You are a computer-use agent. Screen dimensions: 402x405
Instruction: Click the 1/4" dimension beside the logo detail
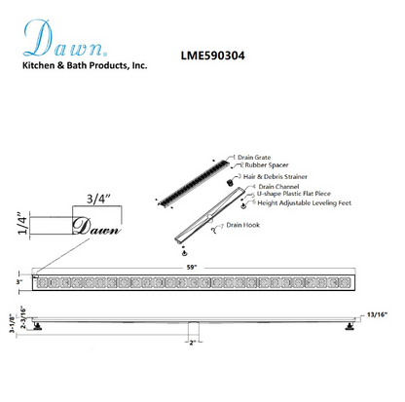pyautogui.click(x=20, y=226)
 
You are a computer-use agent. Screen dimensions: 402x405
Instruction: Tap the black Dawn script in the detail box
pyautogui.click(x=96, y=228)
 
